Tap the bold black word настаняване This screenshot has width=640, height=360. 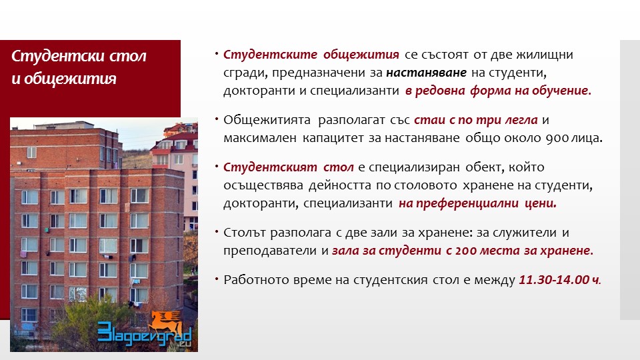click(x=426, y=72)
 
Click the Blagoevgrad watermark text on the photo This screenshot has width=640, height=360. click(x=145, y=334)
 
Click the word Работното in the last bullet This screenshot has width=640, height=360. click(x=256, y=279)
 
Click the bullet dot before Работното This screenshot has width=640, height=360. click(x=217, y=279)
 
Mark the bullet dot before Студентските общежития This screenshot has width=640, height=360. click(x=217, y=54)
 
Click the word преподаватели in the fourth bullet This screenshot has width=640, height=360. click(x=270, y=251)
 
